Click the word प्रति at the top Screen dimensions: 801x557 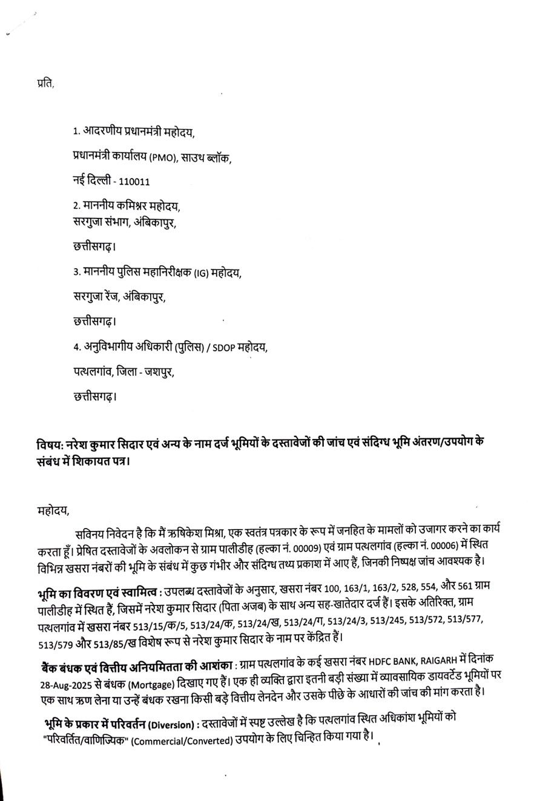pos(45,84)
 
